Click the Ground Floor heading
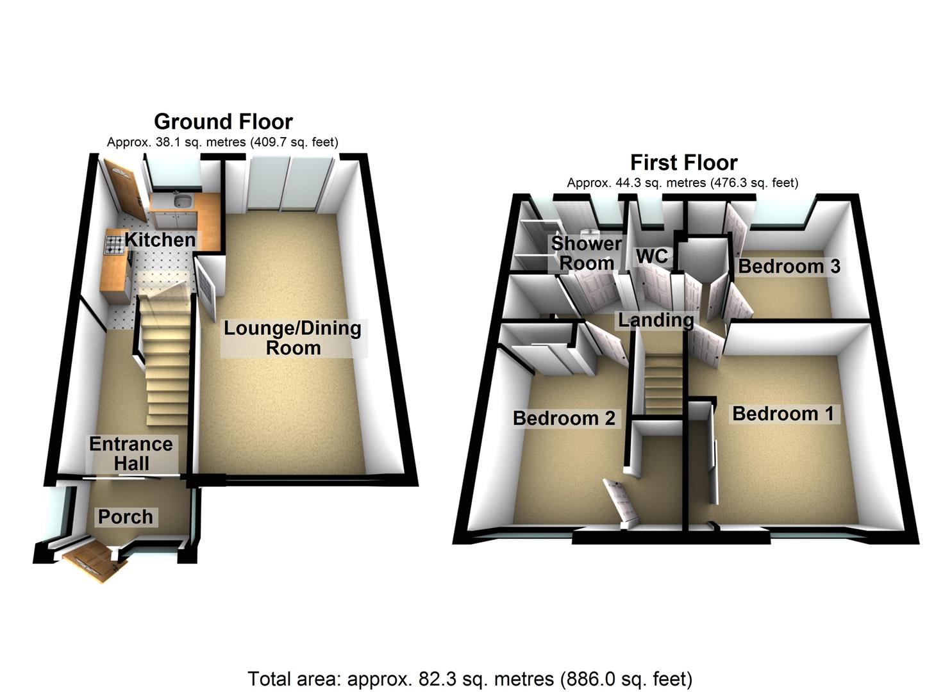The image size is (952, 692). coord(223,121)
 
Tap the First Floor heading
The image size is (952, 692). coord(683,162)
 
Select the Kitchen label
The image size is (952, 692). coord(160,240)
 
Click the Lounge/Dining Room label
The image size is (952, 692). coord(292,338)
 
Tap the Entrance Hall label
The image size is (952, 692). coord(131,454)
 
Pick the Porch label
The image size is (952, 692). coord(125,516)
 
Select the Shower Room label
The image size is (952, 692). coord(587,253)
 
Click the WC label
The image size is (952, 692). coord(651,256)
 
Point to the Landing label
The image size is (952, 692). coord(655,319)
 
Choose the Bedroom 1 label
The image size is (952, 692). coord(783,413)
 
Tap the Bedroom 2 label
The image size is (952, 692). coord(564,418)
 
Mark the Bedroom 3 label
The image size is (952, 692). coord(789,266)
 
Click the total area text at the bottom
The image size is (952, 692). coord(470,679)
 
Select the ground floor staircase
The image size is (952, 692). coord(165,365)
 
